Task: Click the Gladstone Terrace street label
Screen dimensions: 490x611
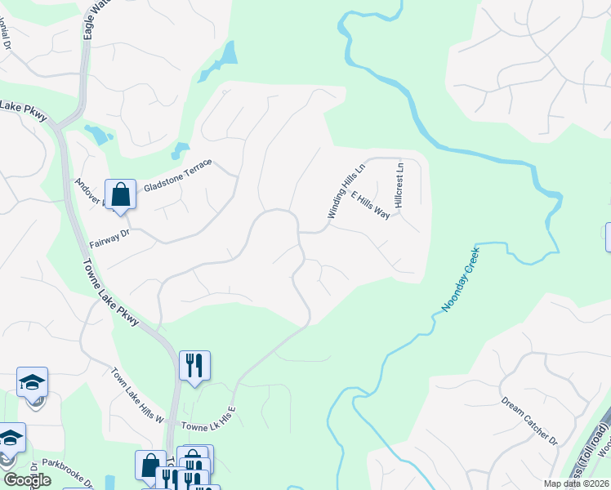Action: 177,176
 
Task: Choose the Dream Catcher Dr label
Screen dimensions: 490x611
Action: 528,421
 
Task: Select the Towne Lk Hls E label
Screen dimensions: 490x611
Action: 208,421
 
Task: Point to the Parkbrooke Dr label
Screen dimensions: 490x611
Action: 69,472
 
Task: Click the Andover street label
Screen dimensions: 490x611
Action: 88,191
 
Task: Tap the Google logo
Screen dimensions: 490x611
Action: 27,480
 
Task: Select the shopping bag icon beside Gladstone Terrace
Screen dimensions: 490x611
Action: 120,195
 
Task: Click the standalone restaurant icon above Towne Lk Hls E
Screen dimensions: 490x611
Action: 194,364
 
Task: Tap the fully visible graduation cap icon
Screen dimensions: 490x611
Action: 32,381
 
